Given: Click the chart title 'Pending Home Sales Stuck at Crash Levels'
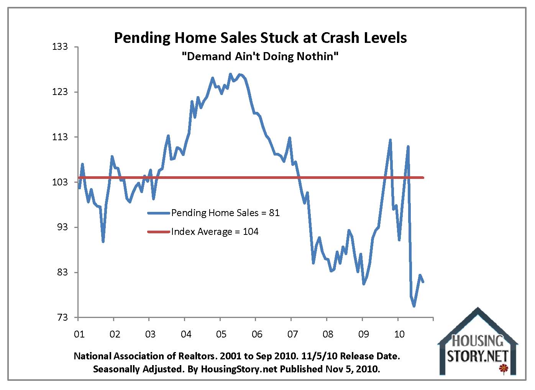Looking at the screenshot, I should tap(260, 38).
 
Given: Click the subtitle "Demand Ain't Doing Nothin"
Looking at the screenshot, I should tap(260, 57).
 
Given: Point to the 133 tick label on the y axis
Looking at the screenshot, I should tap(60, 47).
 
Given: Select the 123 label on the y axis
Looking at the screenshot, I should tap(60, 92).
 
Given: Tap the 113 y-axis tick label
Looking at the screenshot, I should tap(60, 137).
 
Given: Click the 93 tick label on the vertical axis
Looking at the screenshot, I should tap(62, 227).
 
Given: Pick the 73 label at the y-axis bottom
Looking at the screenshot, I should tap(62, 318).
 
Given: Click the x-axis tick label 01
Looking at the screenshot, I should tap(79, 334).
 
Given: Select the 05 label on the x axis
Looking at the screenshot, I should tap(221, 334).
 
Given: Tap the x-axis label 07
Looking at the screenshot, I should tap(292, 334).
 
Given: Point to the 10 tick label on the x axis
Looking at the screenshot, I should tap(399, 334).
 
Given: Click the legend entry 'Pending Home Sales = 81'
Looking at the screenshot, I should tap(225, 213).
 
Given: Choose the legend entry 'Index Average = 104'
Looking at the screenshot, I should tap(215, 232).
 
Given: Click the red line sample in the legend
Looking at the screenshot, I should tap(159, 232).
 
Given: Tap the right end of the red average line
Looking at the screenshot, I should tap(423, 177).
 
